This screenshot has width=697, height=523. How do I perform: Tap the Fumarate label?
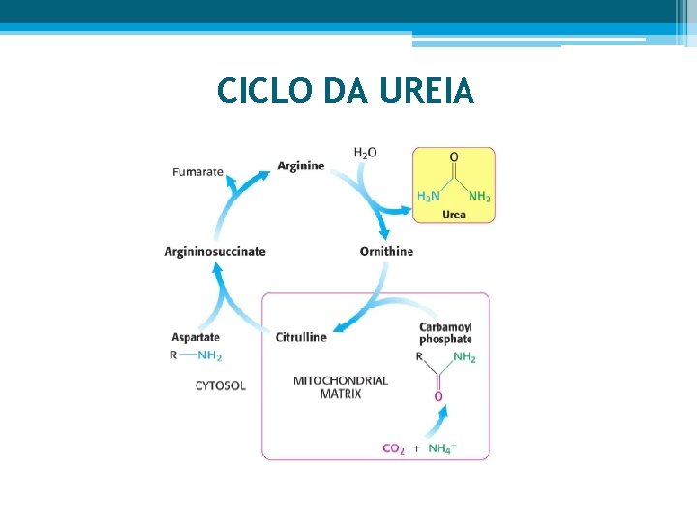pos(197,172)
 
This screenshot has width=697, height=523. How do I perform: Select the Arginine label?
pos(300,166)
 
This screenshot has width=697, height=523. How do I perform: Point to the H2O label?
pos(365,152)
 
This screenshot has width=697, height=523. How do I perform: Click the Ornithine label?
pos(386,251)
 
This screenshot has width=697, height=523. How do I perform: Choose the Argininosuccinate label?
pos(215,252)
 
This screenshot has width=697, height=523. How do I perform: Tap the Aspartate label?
pos(197,337)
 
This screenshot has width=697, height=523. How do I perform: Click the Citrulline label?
pos(301,337)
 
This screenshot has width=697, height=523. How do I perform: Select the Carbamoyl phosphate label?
pos(445,333)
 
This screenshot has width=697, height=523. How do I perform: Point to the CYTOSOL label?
pos(221,385)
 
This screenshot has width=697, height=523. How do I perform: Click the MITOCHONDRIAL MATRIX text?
pos(341,386)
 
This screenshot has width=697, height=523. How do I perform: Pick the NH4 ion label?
pos(441,448)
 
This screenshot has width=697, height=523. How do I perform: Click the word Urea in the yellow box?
pos(453,214)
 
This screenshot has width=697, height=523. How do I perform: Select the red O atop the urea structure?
pos(454,157)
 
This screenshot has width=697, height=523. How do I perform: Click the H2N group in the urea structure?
pos(427,197)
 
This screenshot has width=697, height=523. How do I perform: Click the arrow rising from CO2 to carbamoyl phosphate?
pos(437,422)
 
